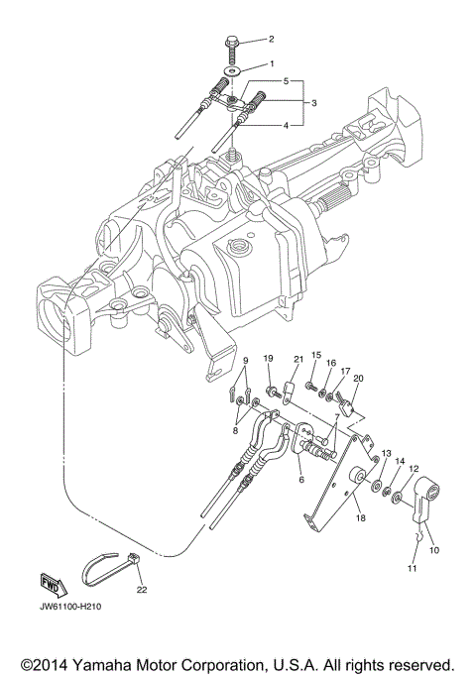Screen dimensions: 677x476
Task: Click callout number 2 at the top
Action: click(269, 39)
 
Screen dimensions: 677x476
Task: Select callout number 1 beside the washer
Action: click(269, 63)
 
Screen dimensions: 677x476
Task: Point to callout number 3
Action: click(312, 102)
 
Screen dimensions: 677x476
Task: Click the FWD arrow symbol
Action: click(51, 583)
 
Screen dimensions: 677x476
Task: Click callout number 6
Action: click(299, 479)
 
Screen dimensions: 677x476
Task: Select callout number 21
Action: click(296, 359)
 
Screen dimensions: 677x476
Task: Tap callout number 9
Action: click(247, 361)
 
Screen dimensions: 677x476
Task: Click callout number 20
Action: click(358, 378)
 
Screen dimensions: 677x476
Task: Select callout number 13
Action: click(386, 451)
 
